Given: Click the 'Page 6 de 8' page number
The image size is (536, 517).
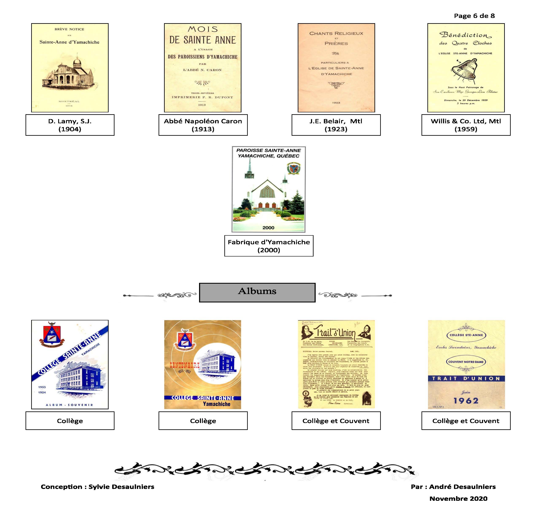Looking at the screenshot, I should [474, 16].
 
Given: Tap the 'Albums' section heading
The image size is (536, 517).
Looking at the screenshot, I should [257, 291].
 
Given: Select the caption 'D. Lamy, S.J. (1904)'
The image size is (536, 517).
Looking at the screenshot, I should [70, 125].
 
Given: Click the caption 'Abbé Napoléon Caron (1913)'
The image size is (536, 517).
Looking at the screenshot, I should [203, 125].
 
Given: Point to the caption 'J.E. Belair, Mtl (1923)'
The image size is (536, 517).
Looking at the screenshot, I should [336, 125].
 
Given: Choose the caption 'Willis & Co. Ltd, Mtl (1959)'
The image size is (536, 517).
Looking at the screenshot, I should [466, 125].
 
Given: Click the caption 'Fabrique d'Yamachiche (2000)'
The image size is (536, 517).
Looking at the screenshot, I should [269, 246].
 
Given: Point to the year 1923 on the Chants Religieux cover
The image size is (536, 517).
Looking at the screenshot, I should [336, 103].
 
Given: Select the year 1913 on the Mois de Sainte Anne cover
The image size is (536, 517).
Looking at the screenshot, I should [202, 105].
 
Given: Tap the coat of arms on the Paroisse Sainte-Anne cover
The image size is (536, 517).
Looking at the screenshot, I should [293, 169].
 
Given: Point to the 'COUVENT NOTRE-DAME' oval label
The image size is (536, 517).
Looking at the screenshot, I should [466, 362].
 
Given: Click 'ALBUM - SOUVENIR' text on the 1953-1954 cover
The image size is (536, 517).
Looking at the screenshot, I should [69, 405].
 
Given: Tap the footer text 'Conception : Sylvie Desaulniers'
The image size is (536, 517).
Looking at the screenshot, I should [97, 487].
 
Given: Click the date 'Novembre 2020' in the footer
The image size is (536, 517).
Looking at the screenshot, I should [458, 498].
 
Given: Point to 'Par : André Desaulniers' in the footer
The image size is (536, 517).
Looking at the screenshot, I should [453, 487].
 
